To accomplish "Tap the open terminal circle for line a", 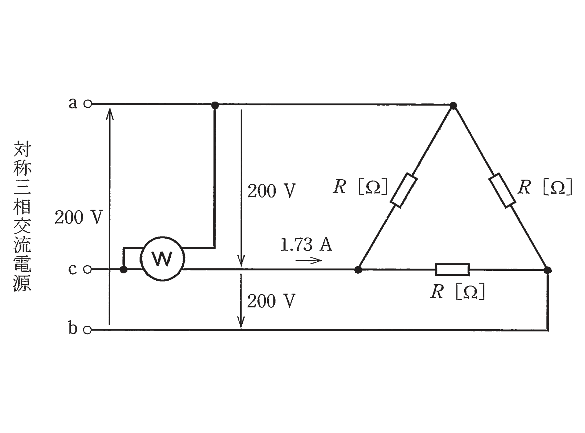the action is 87,104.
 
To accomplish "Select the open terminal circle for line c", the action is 87,269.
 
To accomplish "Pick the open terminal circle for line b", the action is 87,330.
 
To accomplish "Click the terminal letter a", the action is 73,103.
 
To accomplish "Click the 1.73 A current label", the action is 306,245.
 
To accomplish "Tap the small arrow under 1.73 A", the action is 309,260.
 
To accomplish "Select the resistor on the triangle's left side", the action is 403,190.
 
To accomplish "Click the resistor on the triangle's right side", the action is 502,190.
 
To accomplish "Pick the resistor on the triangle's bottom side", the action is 452,270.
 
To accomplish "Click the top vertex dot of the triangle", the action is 453,105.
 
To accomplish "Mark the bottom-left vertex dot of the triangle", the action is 358,270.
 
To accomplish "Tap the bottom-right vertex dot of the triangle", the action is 548,270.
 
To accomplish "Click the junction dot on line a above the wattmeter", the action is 215,105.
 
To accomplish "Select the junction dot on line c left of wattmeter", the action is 123,269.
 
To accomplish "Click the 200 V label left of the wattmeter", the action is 78,218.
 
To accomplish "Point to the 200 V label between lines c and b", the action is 271,301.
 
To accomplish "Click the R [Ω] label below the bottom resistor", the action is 457,292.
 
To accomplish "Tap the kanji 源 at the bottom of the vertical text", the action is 22,282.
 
